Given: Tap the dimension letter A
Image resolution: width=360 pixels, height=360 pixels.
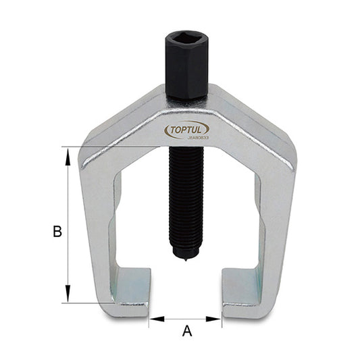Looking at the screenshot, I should pyautogui.click(x=187, y=331).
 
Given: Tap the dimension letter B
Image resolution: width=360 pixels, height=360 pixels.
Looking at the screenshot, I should pyautogui.click(x=57, y=231).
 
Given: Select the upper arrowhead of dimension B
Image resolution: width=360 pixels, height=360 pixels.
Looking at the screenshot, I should pyautogui.click(x=68, y=154).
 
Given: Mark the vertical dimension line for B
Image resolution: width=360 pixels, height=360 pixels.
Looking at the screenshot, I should pyautogui.click(x=68, y=203).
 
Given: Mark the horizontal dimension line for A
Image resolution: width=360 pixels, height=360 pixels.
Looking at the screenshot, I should pyautogui.click(x=186, y=317).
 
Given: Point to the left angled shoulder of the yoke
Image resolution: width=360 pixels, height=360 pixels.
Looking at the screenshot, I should pyautogui.click(x=118, y=128).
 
